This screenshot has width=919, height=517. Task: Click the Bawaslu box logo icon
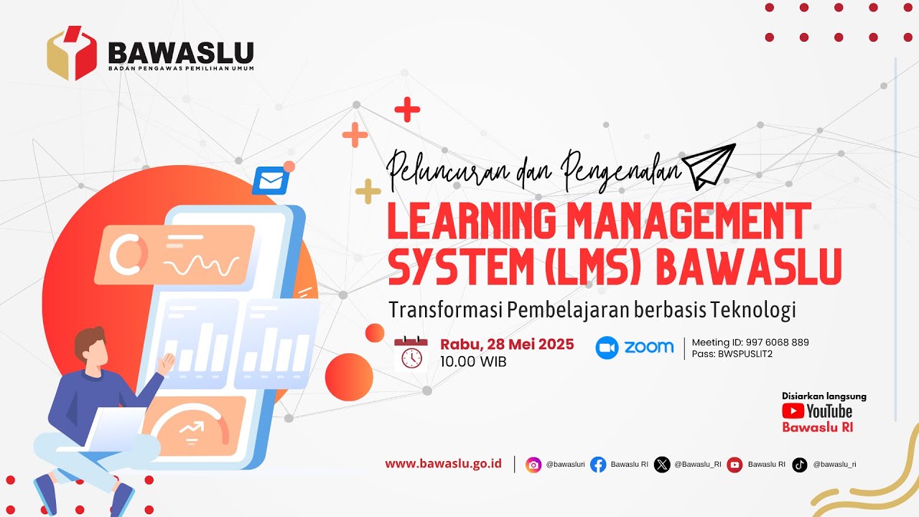[x=72, y=53]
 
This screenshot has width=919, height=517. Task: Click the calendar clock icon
[x=411, y=353]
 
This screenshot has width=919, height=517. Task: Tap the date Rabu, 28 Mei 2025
[x=507, y=344]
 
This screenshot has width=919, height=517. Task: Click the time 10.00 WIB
[x=473, y=362]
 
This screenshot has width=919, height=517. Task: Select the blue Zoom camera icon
[x=607, y=348]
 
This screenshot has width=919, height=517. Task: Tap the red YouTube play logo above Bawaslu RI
[x=793, y=411]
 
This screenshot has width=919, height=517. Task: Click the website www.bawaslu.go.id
[x=443, y=464]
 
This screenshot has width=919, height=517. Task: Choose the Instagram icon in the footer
[x=533, y=465]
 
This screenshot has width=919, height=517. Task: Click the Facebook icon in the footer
[x=598, y=465]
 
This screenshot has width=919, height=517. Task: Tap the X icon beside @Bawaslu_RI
[x=662, y=465]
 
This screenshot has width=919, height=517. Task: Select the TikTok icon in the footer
[x=800, y=465]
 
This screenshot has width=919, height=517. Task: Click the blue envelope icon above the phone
[x=270, y=181]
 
